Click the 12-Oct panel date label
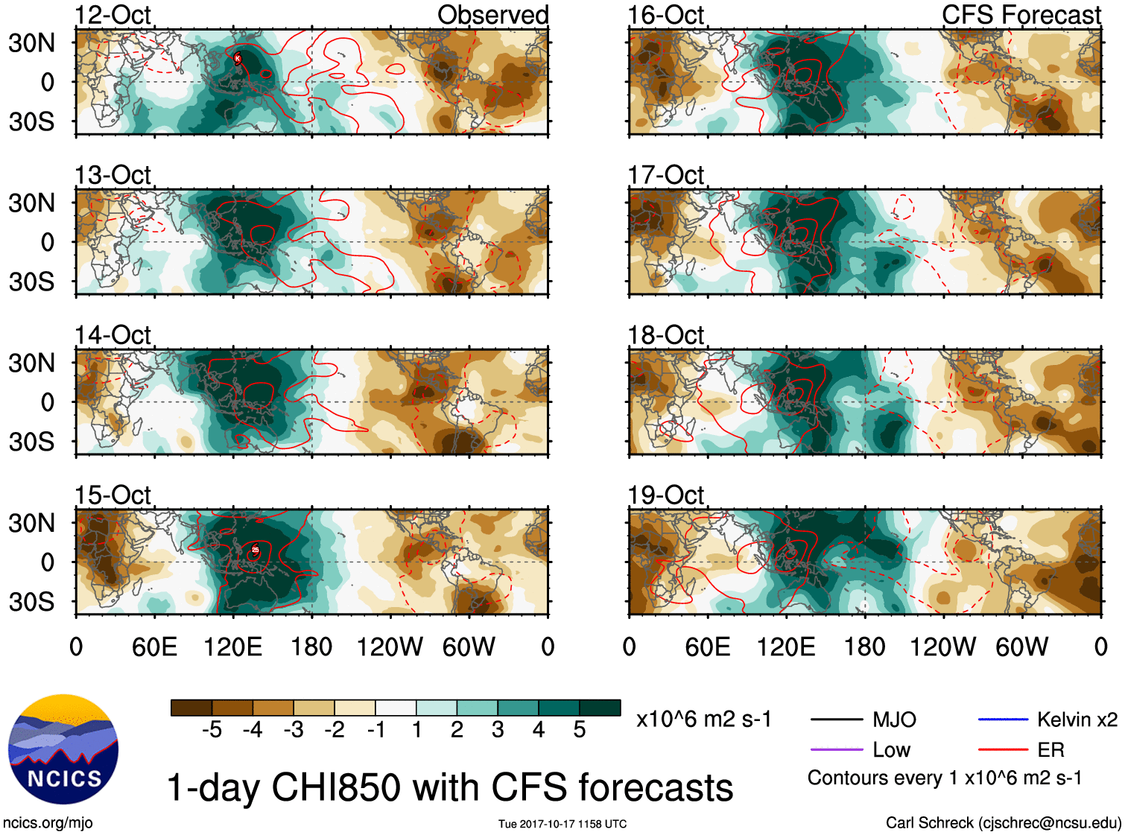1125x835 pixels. (x=112, y=15)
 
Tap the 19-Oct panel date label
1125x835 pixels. (x=665, y=495)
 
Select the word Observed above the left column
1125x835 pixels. (x=492, y=15)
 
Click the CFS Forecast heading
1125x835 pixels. (x=1021, y=15)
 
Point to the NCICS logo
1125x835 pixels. (x=63, y=749)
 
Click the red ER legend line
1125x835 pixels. (x=1003, y=750)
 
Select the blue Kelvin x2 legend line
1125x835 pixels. (x=1003, y=720)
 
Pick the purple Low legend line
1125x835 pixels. (x=837, y=750)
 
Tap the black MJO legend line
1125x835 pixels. (x=837, y=720)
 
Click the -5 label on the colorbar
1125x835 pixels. (x=212, y=730)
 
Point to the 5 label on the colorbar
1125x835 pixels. (x=580, y=730)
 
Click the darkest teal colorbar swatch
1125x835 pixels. (x=600, y=708)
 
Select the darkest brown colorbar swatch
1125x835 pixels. (x=191, y=708)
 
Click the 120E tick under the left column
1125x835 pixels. (x=233, y=647)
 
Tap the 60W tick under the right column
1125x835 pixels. (x=1022, y=647)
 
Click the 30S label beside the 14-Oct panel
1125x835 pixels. (x=32, y=442)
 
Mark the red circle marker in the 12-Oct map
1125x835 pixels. (x=238, y=58)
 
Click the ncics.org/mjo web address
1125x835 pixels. (x=48, y=823)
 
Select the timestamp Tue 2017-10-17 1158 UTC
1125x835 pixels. (x=562, y=824)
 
